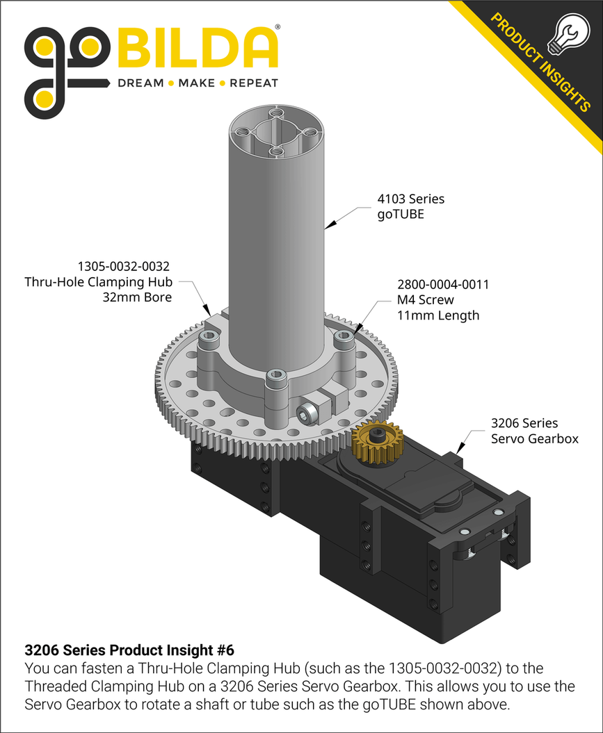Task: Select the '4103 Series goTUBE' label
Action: [x=410, y=206]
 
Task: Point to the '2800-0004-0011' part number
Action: [x=442, y=285]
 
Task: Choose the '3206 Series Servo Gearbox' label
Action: [x=534, y=431]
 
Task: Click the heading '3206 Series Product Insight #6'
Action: [x=129, y=650]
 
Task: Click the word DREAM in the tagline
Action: [x=140, y=83]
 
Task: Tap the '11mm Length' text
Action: [x=438, y=315]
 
